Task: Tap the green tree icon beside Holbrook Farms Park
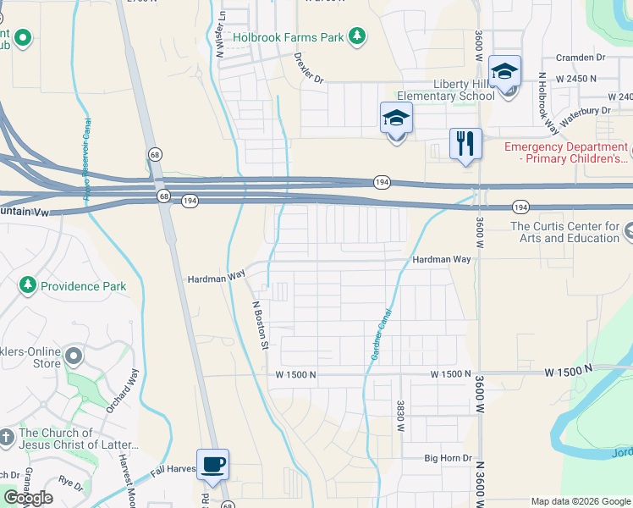click(359, 36)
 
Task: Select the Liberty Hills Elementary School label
click(464, 90)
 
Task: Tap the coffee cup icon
click(212, 464)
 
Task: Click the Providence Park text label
click(85, 286)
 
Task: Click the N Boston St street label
click(261, 326)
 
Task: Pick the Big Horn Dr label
click(448, 458)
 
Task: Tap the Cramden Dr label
click(581, 58)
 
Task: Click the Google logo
click(29, 499)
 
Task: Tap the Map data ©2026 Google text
click(579, 501)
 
